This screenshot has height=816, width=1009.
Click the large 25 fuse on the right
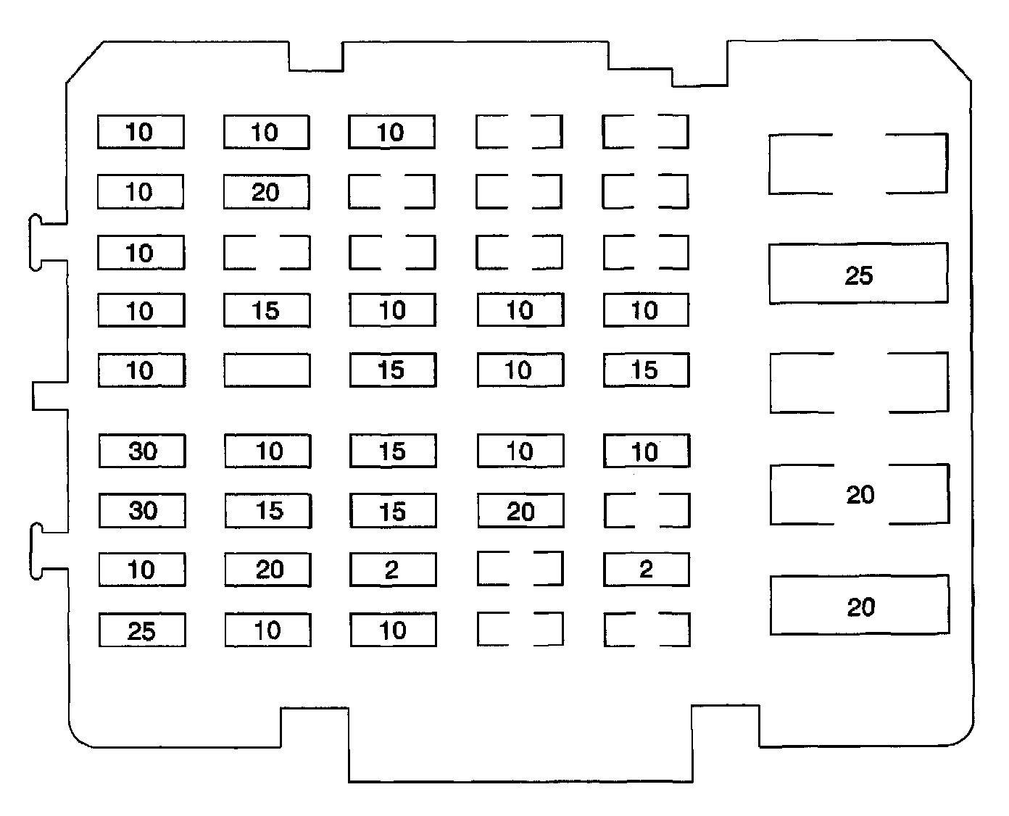click(x=858, y=273)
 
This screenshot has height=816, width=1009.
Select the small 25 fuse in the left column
click(x=142, y=630)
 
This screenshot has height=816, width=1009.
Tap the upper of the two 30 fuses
click(x=142, y=451)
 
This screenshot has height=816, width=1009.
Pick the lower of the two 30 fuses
click(x=142, y=510)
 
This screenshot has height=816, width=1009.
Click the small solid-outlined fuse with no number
click(x=267, y=370)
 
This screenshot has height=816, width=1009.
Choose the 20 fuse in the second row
click(x=266, y=192)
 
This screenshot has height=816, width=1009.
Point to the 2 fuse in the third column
click(x=393, y=570)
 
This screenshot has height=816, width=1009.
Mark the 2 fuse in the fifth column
click(x=646, y=570)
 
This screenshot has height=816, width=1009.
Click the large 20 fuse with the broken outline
click(x=860, y=494)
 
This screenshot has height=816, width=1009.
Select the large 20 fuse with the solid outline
click(x=860, y=605)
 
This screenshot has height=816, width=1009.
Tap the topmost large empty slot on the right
click(x=858, y=163)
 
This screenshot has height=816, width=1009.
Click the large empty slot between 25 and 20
click(x=859, y=383)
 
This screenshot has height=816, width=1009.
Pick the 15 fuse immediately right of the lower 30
click(x=267, y=510)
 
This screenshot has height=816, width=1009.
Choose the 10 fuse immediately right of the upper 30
click(x=267, y=451)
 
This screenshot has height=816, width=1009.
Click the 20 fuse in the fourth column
click(x=520, y=511)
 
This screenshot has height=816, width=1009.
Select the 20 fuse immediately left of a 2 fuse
click(x=267, y=570)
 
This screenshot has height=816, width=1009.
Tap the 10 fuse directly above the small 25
click(x=142, y=570)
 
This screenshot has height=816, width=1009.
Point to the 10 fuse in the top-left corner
click(x=141, y=132)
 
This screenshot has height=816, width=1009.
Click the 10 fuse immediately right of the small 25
click(x=267, y=630)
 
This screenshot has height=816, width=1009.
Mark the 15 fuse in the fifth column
click(x=646, y=370)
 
